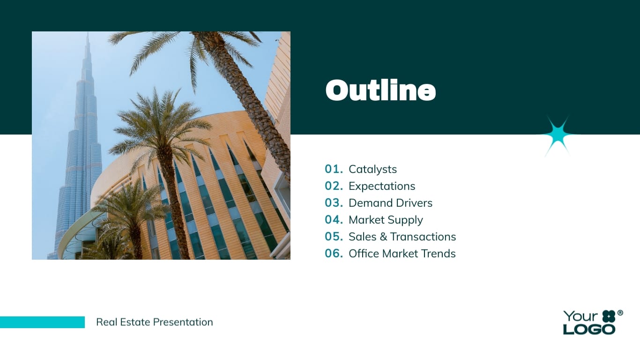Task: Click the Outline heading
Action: tap(380, 90)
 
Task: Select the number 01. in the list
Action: tap(334, 169)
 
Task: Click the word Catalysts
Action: tap(372, 169)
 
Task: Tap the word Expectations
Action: tap(382, 186)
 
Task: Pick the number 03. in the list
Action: tap(334, 203)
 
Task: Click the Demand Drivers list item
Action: tap(390, 203)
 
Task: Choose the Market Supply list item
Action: tap(386, 220)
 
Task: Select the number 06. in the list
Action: tap(334, 254)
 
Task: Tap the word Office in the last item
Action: tap(364, 254)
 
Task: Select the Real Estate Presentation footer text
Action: tap(154, 322)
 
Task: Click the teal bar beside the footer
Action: tap(42, 322)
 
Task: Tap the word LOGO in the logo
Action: tap(589, 329)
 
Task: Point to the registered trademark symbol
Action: tap(620, 313)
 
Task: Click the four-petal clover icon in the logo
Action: tap(608, 316)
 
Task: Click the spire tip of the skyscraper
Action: tap(87, 36)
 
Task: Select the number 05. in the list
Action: tap(334, 237)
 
